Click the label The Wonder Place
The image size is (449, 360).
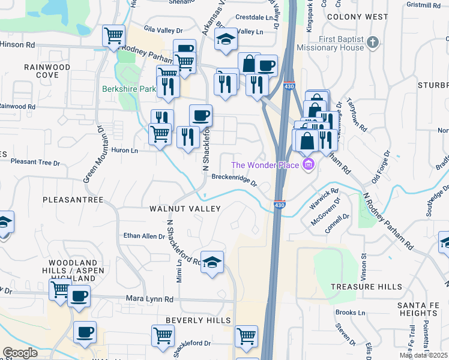[267, 164]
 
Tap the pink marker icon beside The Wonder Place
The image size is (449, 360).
[309, 164]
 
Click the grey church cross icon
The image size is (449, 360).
[373, 42]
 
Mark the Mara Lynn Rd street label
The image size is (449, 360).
[149, 299]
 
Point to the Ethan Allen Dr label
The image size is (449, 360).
[144, 236]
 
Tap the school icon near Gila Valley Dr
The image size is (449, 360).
[226, 40]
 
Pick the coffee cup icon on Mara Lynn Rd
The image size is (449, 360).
[79, 295]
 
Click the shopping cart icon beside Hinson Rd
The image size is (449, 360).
[113, 36]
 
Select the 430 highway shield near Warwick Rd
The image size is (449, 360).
[280, 205]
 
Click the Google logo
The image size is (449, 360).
[20, 353]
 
